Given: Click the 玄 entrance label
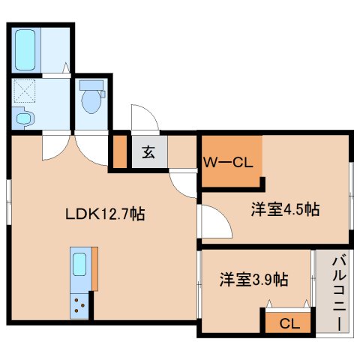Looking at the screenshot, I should [x=148, y=152].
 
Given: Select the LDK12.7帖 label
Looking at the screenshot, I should [x=104, y=214].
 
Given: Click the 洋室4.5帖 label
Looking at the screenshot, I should [x=285, y=210].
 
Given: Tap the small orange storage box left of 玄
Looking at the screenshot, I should [x=118, y=152].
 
